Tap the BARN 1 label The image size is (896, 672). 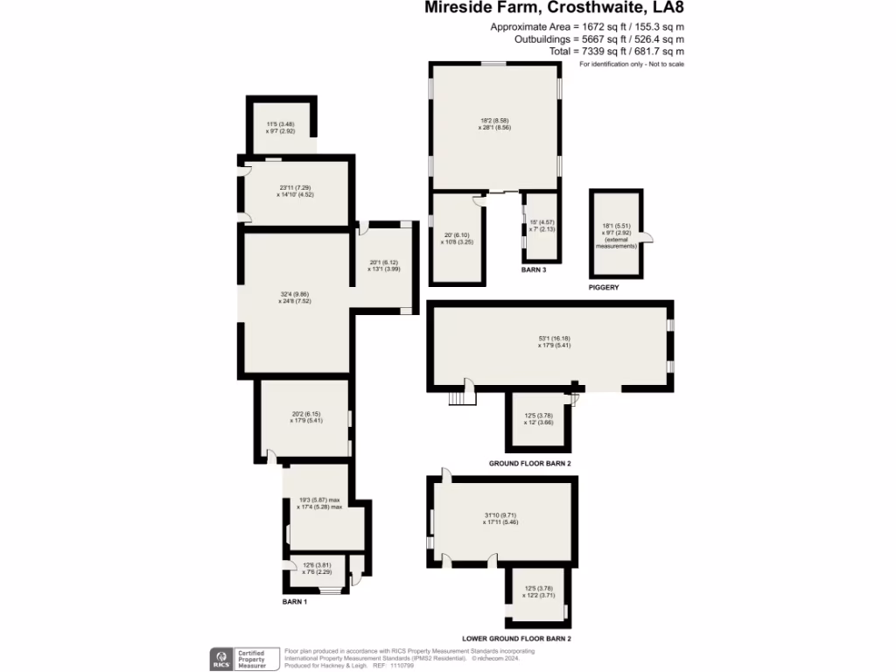point(294,602)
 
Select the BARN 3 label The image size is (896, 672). point(534,270)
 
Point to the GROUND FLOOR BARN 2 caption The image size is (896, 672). point(529,462)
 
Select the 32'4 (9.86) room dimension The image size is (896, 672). point(295,293)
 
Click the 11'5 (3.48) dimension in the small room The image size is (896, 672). point(281,125)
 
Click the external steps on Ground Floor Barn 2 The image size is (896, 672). point(460,398)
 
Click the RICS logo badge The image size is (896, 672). point(220,657)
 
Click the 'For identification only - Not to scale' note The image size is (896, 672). point(631,65)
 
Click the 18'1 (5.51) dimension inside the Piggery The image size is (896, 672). point(618,225)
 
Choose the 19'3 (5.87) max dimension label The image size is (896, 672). point(319,500)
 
